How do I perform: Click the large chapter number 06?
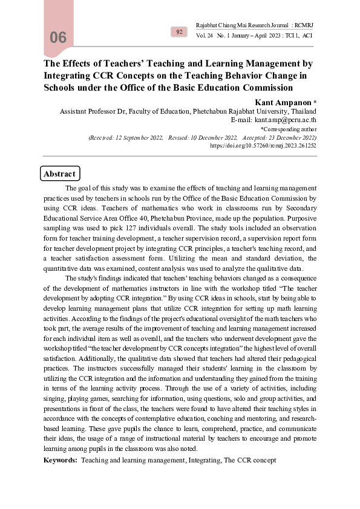[58, 38]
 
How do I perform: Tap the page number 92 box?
[179, 31]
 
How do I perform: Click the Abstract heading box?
[59, 174]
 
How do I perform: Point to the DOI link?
[263, 146]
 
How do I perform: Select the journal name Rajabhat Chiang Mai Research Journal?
[241, 25]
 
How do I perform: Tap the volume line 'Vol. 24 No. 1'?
[217, 36]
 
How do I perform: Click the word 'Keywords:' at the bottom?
[61, 460]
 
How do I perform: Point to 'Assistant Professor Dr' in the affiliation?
[93, 111]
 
